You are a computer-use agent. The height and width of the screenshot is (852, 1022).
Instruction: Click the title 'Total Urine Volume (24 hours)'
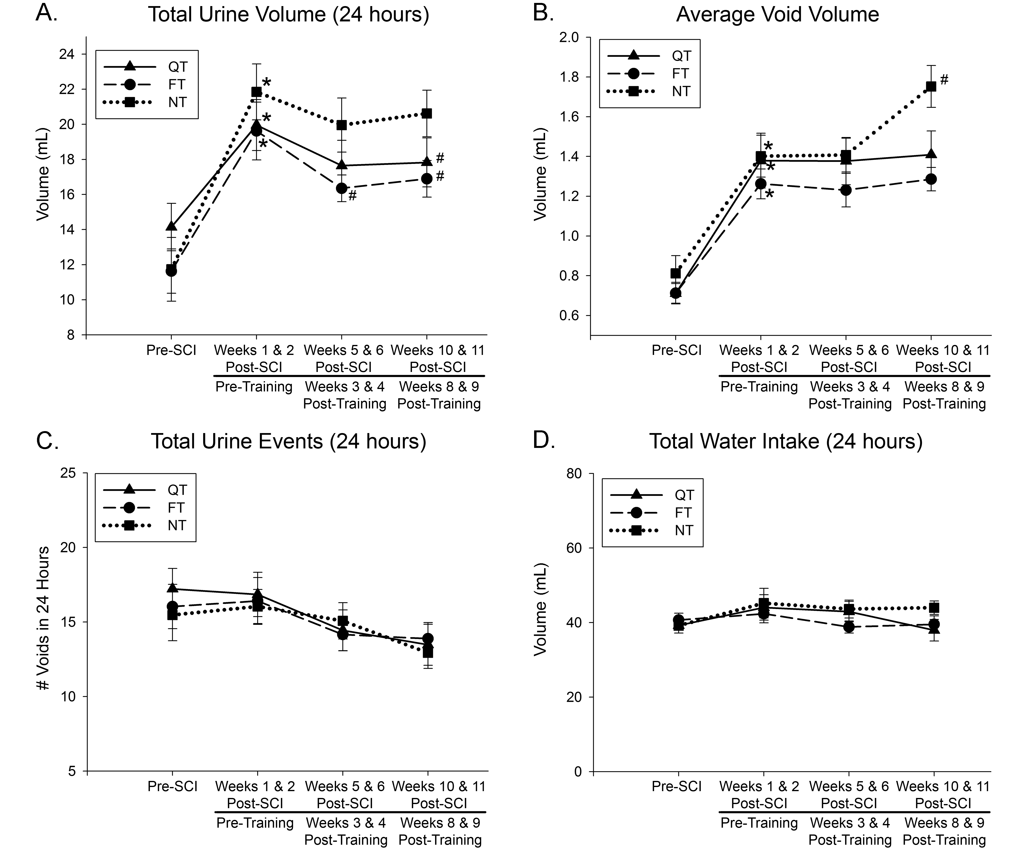pyautogui.click(x=288, y=15)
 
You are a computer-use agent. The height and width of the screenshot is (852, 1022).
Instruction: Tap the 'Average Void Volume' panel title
pyautogui.click(x=777, y=15)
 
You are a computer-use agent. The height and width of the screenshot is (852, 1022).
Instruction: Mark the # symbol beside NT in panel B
pyautogui.click(x=944, y=80)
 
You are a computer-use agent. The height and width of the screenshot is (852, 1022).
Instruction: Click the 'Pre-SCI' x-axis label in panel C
pyautogui.click(x=172, y=786)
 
